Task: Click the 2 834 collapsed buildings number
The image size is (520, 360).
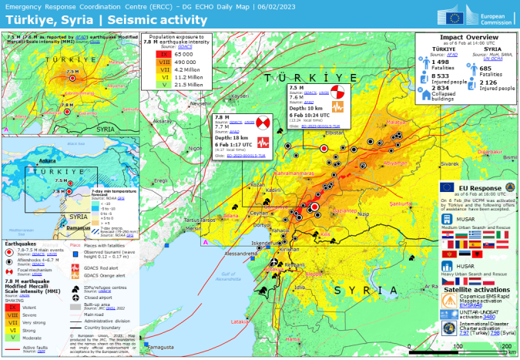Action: (441, 89)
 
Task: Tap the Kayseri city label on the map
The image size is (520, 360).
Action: (241, 96)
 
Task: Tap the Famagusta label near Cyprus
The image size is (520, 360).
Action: (161, 348)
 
